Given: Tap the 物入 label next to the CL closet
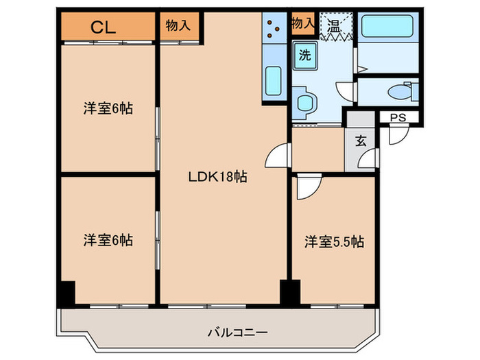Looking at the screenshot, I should click(178, 25).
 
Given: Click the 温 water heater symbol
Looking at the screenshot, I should click(334, 28).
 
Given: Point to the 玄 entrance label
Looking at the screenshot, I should click(359, 143).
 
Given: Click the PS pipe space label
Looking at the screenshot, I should click(398, 118).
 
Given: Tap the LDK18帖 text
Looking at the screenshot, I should click(218, 177).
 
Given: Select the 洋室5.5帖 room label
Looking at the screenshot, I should click(334, 241).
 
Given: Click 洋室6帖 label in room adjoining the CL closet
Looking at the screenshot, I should click(108, 108).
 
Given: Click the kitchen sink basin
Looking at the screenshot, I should click(274, 80).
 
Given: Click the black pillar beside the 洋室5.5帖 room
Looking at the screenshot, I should click(290, 293).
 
